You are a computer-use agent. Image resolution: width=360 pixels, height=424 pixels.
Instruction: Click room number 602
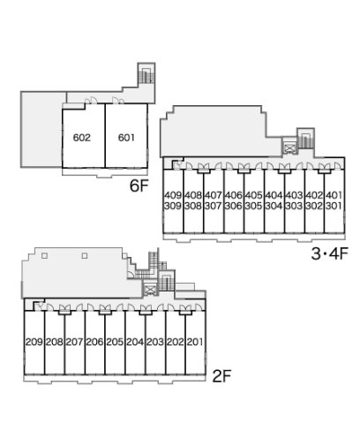(x=82, y=138)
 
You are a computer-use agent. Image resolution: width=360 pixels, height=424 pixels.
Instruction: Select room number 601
(x=126, y=138)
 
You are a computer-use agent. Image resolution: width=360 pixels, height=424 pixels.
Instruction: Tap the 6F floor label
(x=139, y=185)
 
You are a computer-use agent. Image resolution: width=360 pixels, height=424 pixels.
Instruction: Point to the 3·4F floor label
(x=330, y=254)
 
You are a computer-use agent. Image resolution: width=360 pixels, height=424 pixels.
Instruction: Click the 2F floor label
(x=222, y=376)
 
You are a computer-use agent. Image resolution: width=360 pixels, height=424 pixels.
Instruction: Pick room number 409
(x=173, y=195)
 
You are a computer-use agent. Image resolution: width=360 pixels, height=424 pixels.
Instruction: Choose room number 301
(x=334, y=206)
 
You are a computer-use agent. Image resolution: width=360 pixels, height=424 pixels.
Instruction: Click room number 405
(x=253, y=195)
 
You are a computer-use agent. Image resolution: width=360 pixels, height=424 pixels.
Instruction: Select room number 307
(x=213, y=206)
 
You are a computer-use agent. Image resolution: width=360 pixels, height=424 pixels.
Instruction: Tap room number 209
(x=34, y=342)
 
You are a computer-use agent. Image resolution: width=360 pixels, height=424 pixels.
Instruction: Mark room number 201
(x=195, y=342)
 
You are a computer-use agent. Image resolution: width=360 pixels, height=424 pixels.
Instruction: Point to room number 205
(x=115, y=342)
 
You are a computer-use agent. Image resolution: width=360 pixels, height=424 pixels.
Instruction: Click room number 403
(x=294, y=195)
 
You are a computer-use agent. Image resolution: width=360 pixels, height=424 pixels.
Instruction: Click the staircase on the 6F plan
(x=146, y=75)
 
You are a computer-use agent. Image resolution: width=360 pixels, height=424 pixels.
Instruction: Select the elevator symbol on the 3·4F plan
(x=289, y=148)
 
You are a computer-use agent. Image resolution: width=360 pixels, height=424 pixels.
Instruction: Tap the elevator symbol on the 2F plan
(x=150, y=290)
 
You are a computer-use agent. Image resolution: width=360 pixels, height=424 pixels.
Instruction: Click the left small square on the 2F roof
(x=44, y=255)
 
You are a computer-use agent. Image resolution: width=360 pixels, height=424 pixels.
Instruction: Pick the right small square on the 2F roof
(x=85, y=255)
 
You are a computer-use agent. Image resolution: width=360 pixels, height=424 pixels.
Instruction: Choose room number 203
(x=155, y=342)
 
